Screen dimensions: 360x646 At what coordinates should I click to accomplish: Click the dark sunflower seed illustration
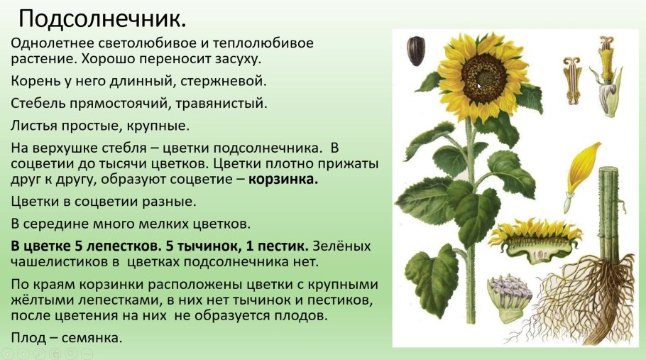click(415, 51)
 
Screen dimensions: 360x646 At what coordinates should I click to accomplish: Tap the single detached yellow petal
click(581, 170)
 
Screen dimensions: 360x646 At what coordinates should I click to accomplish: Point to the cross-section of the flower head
click(534, 238)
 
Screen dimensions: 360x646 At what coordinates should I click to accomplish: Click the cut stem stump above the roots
click(608, 213)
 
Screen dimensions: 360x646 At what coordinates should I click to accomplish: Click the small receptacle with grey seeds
click(508, 298)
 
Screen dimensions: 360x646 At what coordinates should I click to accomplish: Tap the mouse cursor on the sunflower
click(478, 85)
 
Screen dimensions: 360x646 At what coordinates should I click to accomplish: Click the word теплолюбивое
click(268, 43)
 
